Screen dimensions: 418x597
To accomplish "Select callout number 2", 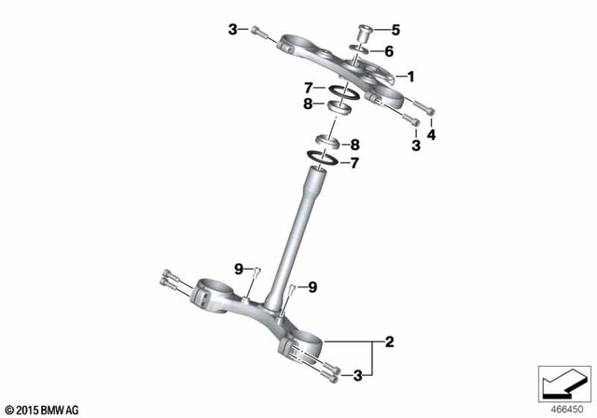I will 389,342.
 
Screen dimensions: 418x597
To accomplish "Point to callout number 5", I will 394,29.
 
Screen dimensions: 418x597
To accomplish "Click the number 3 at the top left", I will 232,31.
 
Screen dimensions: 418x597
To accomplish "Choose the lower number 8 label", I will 354,145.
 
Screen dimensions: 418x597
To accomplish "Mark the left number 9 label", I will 239,269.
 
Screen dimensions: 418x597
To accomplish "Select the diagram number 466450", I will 562,408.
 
